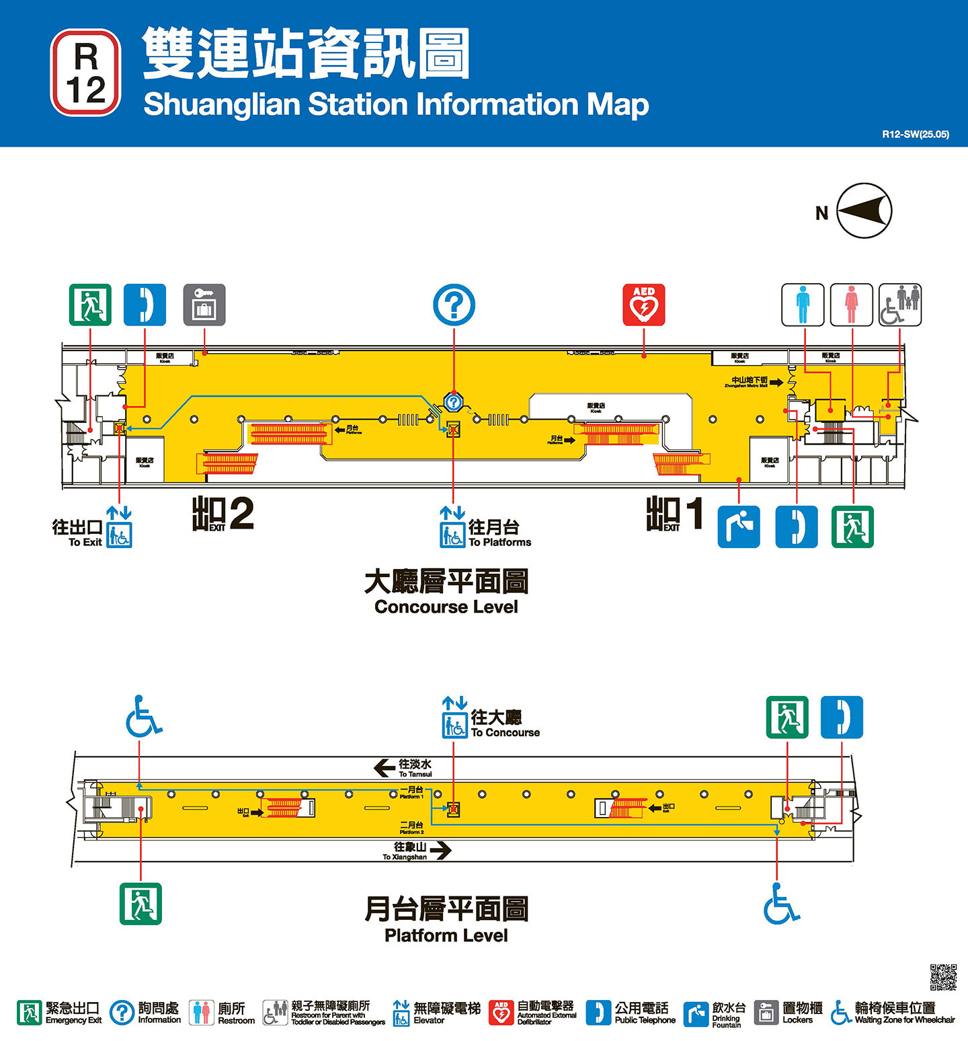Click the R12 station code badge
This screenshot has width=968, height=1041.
[86, 73]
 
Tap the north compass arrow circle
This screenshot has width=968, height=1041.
[864, 211]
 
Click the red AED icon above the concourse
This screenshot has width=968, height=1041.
[644, 305]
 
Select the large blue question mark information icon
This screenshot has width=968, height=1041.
[454, 305]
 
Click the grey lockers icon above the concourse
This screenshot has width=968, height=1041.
[204, 305]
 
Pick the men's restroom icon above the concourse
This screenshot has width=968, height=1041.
[803, 305]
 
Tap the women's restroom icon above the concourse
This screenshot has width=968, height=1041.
[852, 305]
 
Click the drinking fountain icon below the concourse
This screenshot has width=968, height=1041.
[739, 527]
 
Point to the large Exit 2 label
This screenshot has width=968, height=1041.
[223, 514]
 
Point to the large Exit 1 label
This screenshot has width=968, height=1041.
[675, 514]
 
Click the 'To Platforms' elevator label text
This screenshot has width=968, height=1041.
[499, 542]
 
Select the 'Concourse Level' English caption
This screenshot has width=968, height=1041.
[446, 607]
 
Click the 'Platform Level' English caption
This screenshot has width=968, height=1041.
[446, 935]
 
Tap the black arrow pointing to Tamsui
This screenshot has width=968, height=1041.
[384, 767]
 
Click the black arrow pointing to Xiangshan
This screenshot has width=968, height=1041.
[440, 851]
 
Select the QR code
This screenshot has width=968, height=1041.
[943, 977]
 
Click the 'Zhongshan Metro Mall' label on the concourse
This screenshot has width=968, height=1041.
[749, 383]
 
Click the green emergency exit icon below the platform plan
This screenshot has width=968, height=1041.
[140, 904]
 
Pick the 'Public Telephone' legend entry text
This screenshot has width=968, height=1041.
[645, 1020]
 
